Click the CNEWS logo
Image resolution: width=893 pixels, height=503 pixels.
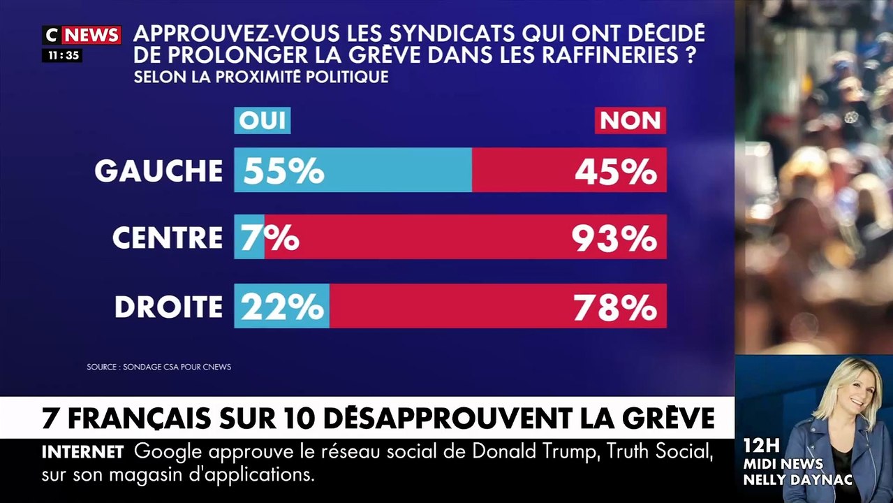coord(82,35)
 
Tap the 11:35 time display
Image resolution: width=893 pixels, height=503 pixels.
coord(63,55)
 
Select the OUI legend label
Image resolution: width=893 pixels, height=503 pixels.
coord(262,120)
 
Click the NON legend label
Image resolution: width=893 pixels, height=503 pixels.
coord(630,120)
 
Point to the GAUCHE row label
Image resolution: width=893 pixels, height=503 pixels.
coord(158,170)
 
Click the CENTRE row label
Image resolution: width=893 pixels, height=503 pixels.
coord(168,238)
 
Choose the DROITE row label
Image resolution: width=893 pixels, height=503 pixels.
coord(168,307)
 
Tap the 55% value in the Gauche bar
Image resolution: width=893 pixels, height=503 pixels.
coord(283,170)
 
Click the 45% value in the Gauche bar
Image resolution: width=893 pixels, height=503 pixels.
coord(616,170)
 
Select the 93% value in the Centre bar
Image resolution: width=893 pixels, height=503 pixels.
coord(614,238)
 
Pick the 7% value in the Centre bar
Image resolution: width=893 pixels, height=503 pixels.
coord(270,238)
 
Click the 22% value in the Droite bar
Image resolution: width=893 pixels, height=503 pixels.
coord(283,307)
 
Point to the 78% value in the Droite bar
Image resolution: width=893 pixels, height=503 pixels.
coord(615,307)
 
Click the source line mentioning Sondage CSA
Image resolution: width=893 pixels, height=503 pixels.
coord(158,367)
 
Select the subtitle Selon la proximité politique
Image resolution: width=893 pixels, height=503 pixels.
coord(260,77)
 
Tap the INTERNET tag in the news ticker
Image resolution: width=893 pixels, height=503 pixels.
coord(82,452)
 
